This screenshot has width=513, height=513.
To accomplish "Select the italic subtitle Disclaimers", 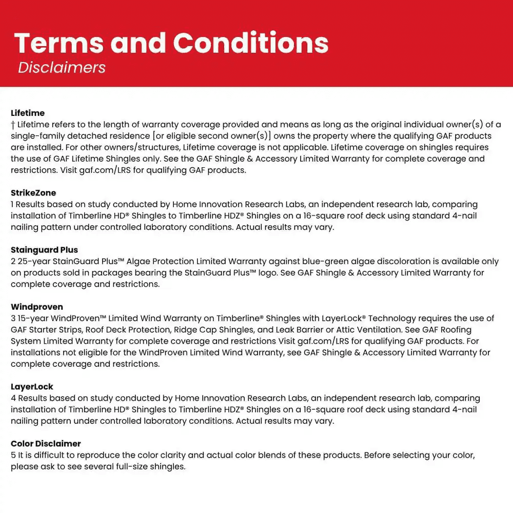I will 62,68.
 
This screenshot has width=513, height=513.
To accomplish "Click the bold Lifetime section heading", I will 28,113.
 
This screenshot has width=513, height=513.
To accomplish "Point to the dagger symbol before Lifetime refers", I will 13,125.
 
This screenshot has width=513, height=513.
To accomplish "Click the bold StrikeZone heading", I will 33,193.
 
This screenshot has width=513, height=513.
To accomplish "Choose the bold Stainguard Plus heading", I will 44,250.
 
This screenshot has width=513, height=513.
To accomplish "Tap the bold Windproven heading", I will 37,307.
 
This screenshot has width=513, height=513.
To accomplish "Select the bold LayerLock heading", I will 32,387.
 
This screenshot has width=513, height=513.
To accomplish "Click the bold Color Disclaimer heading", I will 46,444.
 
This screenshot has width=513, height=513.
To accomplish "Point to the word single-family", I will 36,136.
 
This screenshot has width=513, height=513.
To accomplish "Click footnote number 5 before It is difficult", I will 13,455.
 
